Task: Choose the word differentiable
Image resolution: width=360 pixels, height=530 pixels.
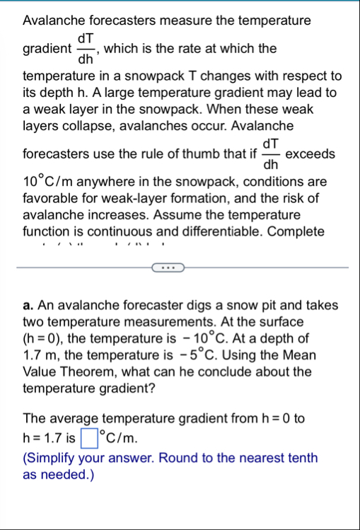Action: [x=229, y=231]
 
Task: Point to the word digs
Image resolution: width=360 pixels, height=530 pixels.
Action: [x=184, y=306]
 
